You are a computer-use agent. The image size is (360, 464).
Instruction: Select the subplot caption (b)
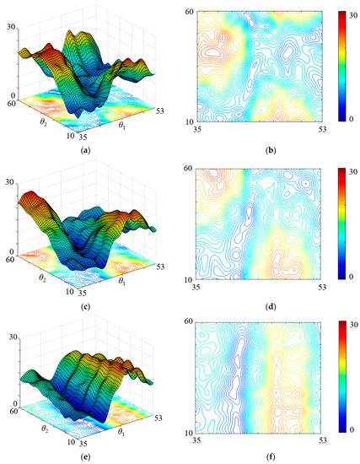261,149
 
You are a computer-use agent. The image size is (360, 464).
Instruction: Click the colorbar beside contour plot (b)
342,65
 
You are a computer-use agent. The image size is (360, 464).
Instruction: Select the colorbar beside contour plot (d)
342,222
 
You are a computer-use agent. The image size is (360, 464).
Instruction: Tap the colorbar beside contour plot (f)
342,376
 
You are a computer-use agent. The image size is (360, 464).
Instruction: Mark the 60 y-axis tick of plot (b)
191,14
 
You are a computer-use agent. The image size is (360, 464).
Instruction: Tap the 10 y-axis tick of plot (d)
191,278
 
